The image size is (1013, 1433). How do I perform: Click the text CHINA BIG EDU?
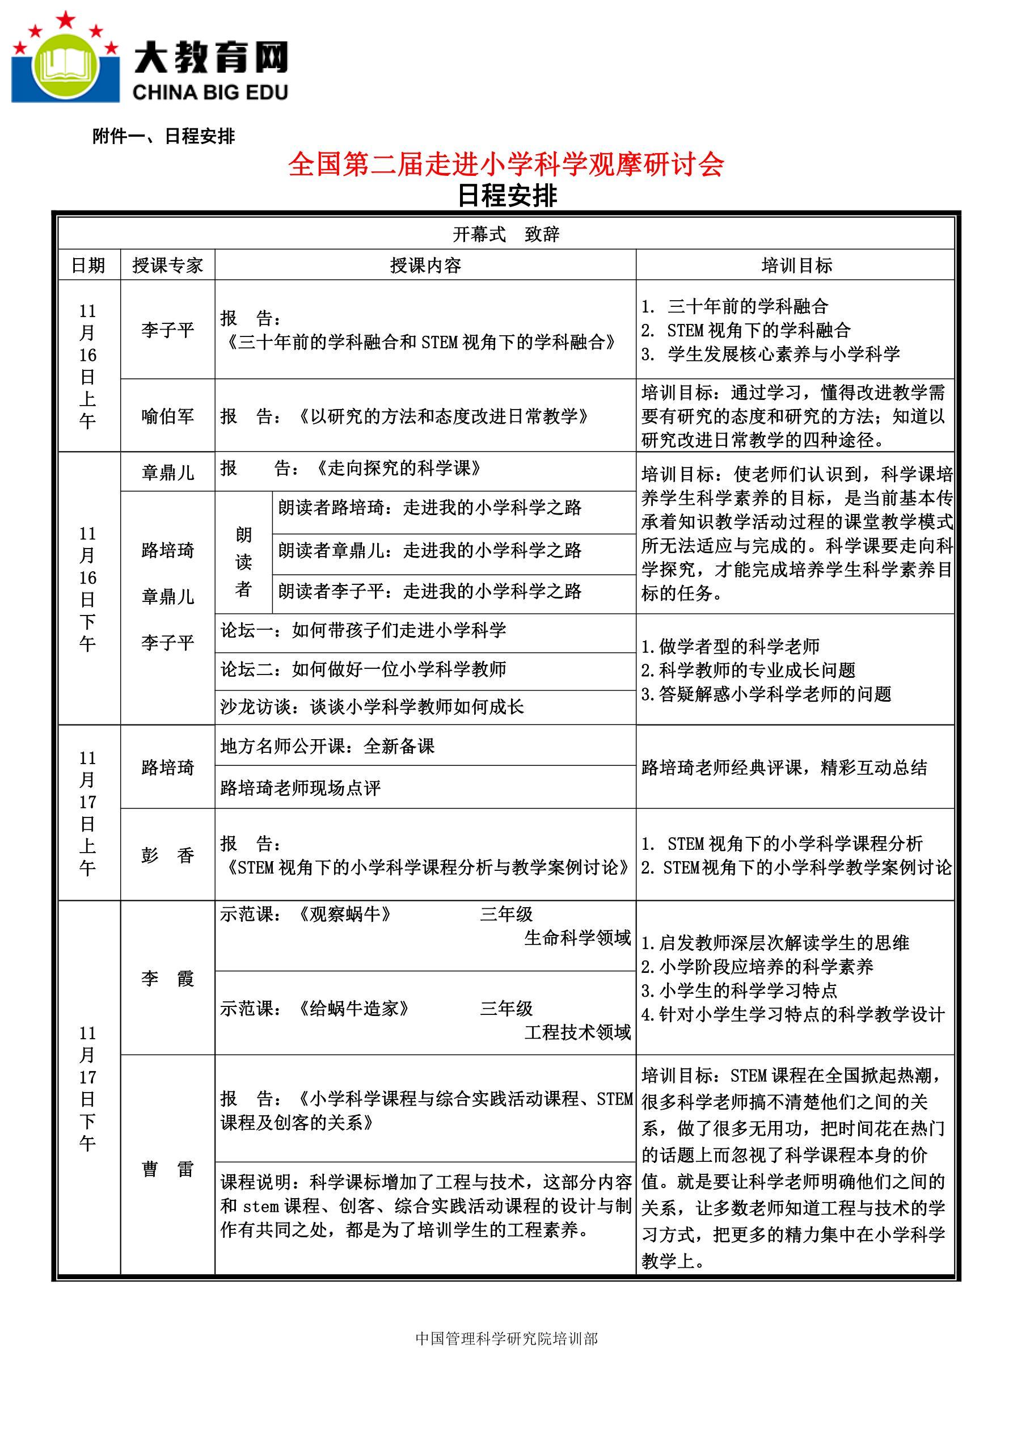coord(210,92)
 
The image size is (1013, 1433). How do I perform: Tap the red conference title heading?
coord(505,165)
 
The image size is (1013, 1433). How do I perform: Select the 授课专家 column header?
coord(167,265)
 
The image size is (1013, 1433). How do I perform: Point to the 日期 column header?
coord(88,265)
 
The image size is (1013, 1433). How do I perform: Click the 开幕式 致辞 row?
coord(505,234)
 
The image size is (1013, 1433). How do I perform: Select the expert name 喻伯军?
coord(167,416)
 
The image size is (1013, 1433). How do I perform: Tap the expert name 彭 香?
coord(167,855)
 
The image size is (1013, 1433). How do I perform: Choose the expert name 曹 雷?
coord(167,1169)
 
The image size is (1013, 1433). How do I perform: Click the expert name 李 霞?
coord(167,978)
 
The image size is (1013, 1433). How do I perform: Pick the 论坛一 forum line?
coord(363,630)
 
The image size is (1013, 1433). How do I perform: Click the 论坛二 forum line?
coord(363,669)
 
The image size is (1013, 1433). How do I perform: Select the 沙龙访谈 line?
coord(372,707)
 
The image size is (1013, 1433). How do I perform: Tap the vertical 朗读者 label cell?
coord(243,562)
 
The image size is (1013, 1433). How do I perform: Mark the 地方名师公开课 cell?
coord(327,747)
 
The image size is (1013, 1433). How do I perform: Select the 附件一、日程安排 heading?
coord(163,136)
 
